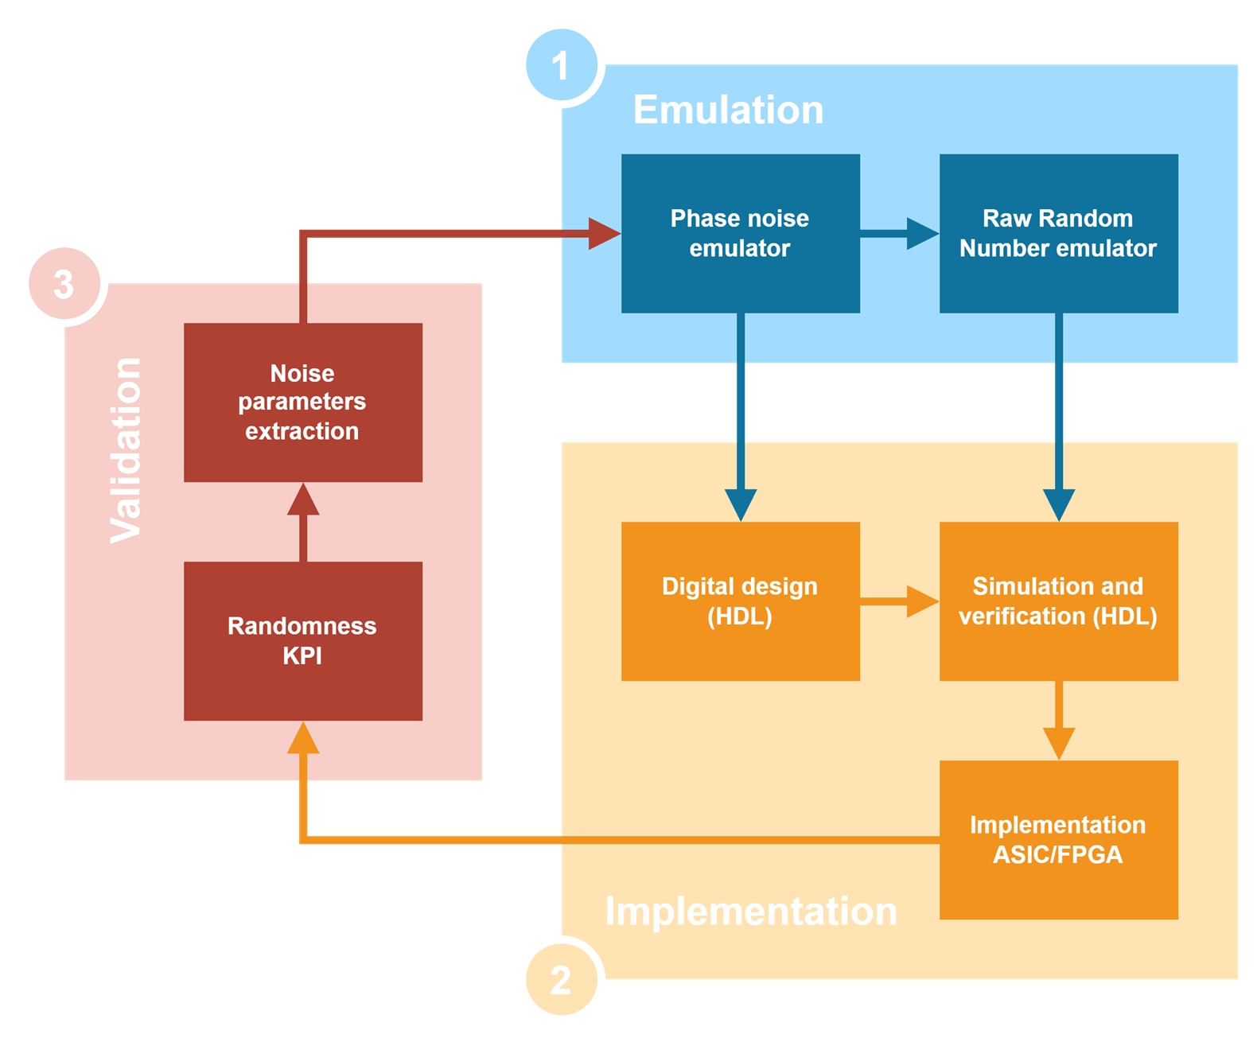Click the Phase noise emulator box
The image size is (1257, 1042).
pyautogui.click(x=740, y=233)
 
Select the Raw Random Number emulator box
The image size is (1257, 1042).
pyautogui.click(x=1058, y=233)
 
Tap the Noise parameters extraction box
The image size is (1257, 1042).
pyautogui.click(x=302, y=402)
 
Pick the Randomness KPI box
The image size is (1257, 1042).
pyautogui.click(x=302, y=640)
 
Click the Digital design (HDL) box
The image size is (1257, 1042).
pyautogui.click(x=740, y=601)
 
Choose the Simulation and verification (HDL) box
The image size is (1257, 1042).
pyautogui.click(x=1058, y=601)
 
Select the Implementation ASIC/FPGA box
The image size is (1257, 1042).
pyautogui.click(x=1058, y=839)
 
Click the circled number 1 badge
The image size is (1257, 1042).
pyautogui.click(x=561, y=65)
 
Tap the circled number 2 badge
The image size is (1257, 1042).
pyautogui.click(x=561, y=980)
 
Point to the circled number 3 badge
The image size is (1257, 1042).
pyautogui.click(x=64, y=284)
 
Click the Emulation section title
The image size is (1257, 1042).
pyautogui.click(x=728, y=110)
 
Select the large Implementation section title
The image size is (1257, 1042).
pyautogui.click(x=750, y=911)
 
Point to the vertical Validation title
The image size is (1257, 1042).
pyautogui.click(x=126, y=450)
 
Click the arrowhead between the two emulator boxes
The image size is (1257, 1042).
pyautogui.click(x=923, y=233)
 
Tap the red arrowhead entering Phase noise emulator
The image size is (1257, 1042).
pyautogui.click(x=604, y=233)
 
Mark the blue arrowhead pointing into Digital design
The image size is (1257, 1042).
pyautogui.click(x=741, y=504)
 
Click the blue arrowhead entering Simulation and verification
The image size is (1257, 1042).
pyautogui.click(x=1059, y=504)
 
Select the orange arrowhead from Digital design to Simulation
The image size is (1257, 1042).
pyautogui.click(x=923, y=601)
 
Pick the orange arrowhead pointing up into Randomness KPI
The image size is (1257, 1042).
pyautogui.click(x=303, y=739)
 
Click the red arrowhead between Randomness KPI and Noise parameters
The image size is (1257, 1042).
pyautogui.click(x=303, y=500)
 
